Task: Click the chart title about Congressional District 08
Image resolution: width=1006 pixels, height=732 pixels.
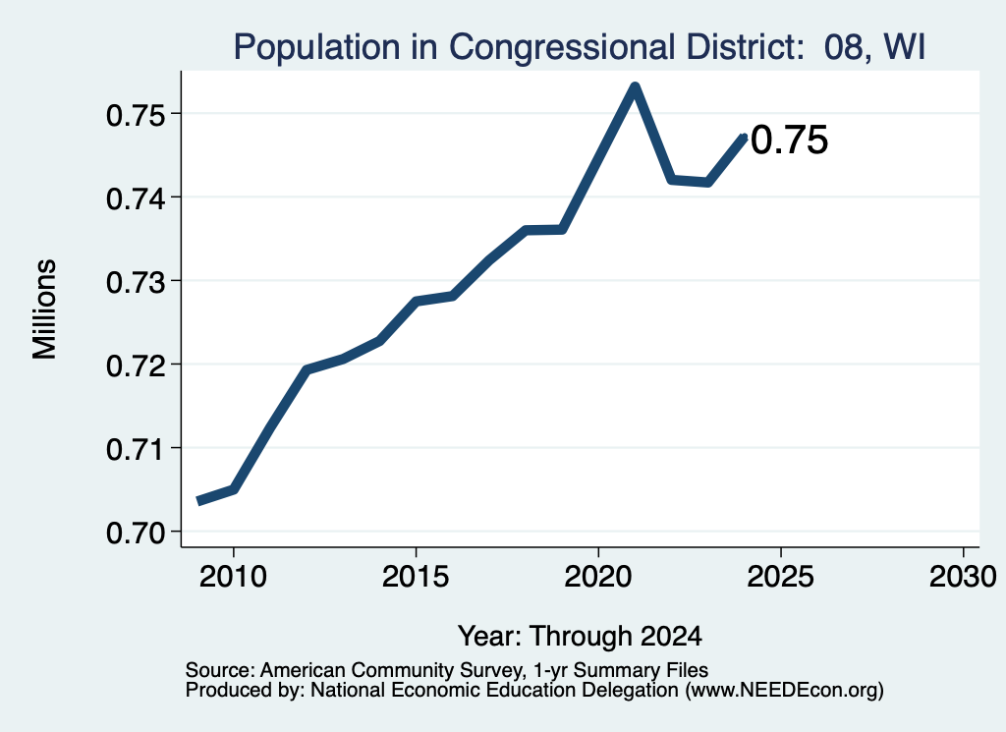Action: pyautogui.click(x=580, y=47)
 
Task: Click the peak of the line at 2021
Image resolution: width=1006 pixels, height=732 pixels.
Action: pyautogui.click(x=635, y=87)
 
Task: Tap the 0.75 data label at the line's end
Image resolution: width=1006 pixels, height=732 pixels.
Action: pyautogui.click(x=789, y=140)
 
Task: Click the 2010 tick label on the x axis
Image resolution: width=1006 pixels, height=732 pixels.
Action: pyautogui.click(x=233, y=576)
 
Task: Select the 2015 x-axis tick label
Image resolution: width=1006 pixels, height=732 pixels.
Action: pyautogui.click(x=416, y=576)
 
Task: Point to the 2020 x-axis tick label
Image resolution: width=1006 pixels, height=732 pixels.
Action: pyautogui.click(x=598, y=576)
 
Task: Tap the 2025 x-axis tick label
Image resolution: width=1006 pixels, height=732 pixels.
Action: pyautogui.click(x=781, y=576)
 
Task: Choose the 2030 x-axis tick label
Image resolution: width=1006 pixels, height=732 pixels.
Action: pyautogui.click(x=963, y=576)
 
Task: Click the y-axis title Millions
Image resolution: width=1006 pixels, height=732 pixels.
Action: pyautogui.click(x=45, y=310)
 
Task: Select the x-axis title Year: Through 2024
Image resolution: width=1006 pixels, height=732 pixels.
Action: pyautogui.click(x=580, y=637)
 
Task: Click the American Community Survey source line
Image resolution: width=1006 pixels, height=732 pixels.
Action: pyautogui.click(x=447, y=670)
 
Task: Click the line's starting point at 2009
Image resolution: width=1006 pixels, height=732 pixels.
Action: pyautogui.click(x=199, y=501)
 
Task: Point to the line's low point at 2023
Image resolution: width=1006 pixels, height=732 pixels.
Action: pyautogui.click(x=707, y=182)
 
